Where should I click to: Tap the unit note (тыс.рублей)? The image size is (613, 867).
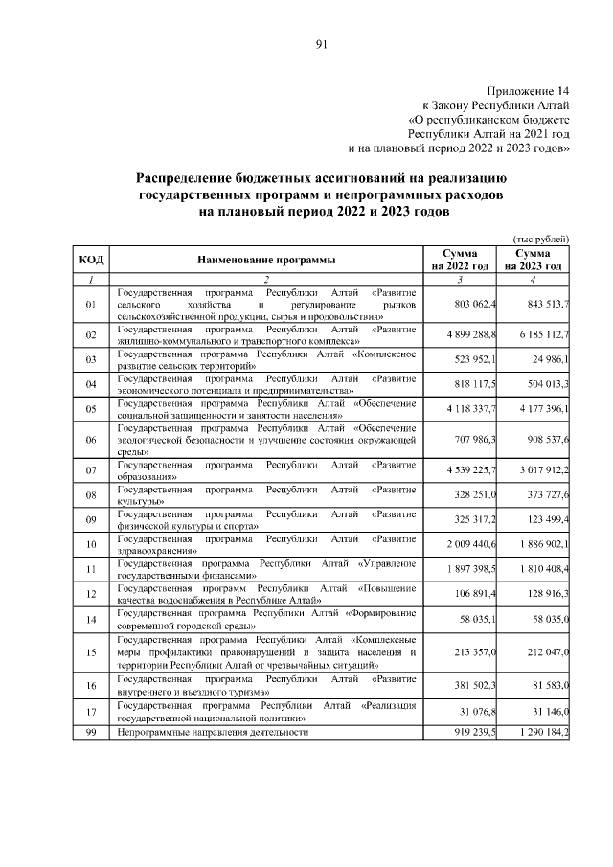(539, 238)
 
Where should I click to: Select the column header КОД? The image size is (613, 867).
(91, 259)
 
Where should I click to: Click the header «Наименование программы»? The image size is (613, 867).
(266, 259)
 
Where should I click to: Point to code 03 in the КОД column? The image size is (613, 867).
(91, 360)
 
